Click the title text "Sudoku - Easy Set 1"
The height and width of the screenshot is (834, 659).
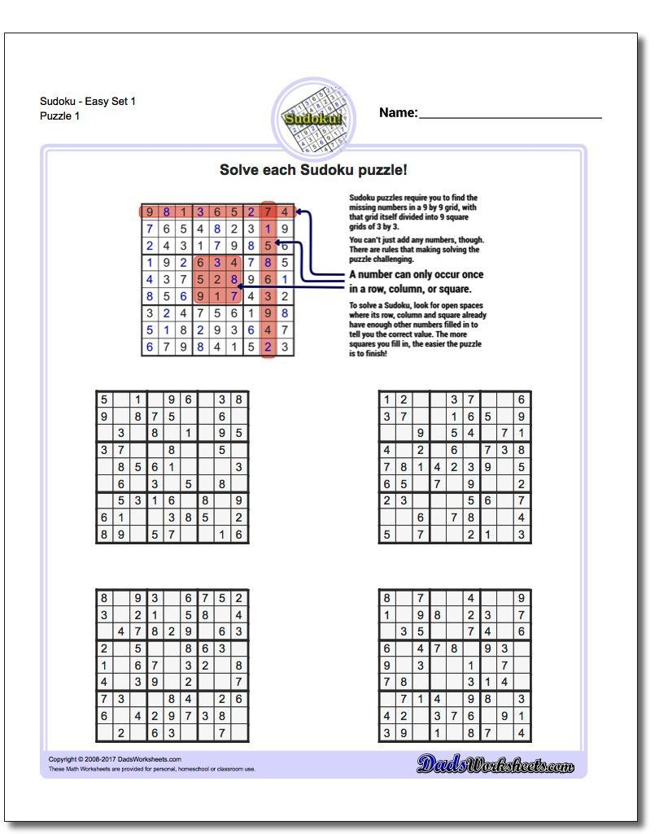88,101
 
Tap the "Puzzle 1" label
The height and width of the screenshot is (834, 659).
60,116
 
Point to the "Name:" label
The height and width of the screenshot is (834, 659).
398,113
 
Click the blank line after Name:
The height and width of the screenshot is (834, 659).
510,114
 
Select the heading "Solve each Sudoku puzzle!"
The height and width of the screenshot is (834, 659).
313,170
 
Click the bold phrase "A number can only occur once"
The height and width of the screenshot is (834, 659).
416,275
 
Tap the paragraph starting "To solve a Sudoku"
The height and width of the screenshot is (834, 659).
417,330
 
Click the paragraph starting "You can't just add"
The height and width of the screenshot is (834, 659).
417,250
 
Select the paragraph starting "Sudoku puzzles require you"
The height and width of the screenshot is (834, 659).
413,212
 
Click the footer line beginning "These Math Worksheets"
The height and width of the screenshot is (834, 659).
151,768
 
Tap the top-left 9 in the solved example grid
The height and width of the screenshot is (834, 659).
150,212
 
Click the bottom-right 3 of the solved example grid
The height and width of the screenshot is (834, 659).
285,347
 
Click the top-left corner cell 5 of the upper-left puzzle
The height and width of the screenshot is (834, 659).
104,400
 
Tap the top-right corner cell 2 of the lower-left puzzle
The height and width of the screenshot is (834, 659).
238,598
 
